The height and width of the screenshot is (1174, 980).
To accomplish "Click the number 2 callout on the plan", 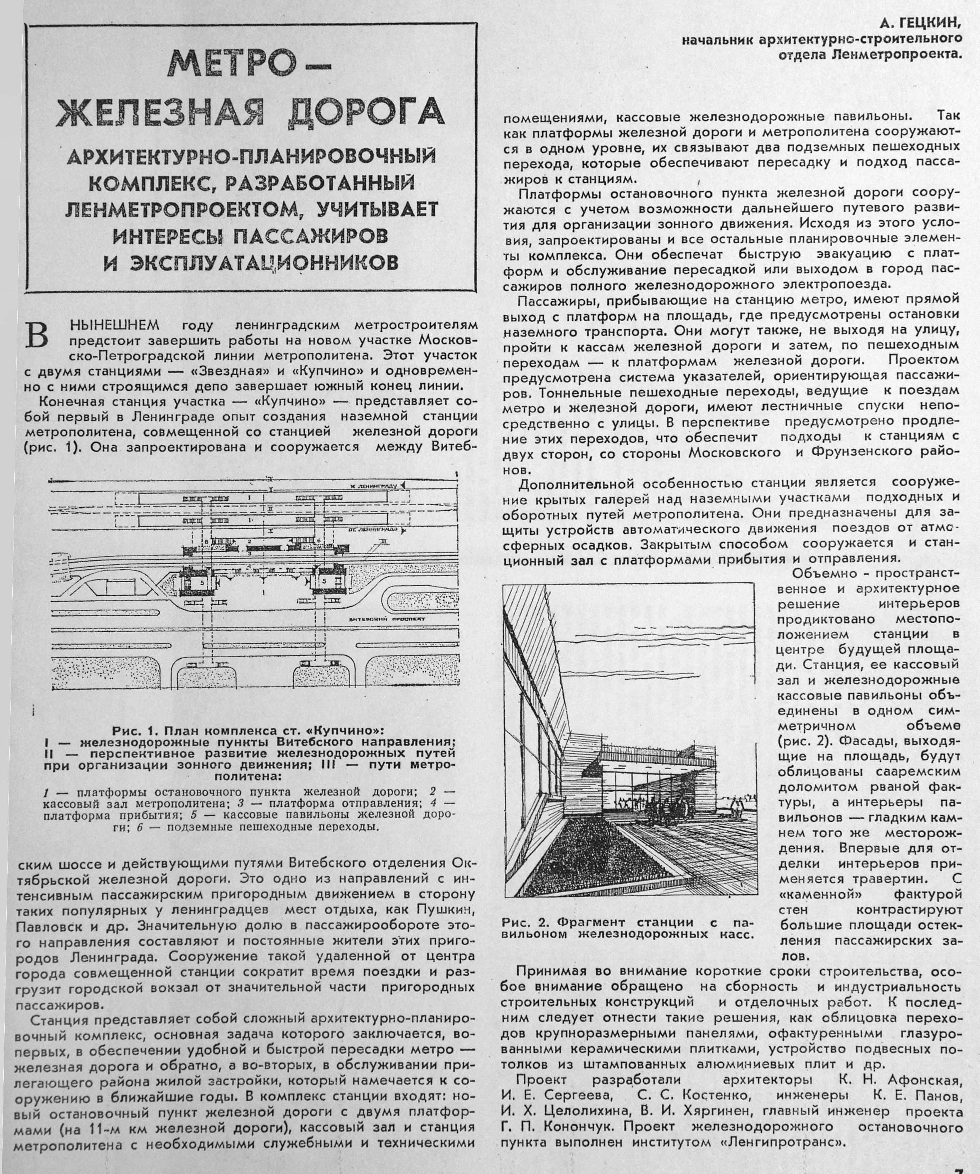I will point(249,541).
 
